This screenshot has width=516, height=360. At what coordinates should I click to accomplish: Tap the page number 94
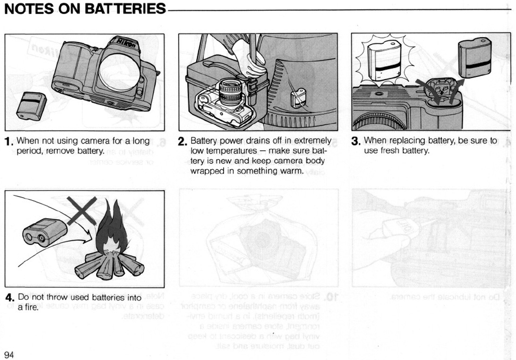point(9,355)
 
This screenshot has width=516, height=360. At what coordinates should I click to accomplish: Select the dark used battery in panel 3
point(474,58)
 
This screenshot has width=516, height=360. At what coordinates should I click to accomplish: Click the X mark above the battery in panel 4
point(81,210)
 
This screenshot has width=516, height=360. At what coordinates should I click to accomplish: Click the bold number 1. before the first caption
point(8,142)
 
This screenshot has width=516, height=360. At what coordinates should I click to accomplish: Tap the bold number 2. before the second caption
point(182,142)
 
